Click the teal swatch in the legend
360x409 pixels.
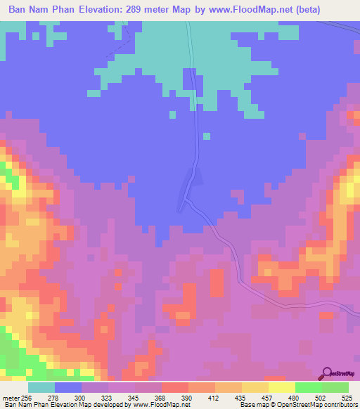pos(41,387)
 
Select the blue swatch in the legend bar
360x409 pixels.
pos(68,387)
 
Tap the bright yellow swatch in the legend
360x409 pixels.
pos(281,387)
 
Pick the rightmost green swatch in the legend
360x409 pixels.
pos(335,387)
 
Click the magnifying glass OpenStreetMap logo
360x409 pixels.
pos(328,373)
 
